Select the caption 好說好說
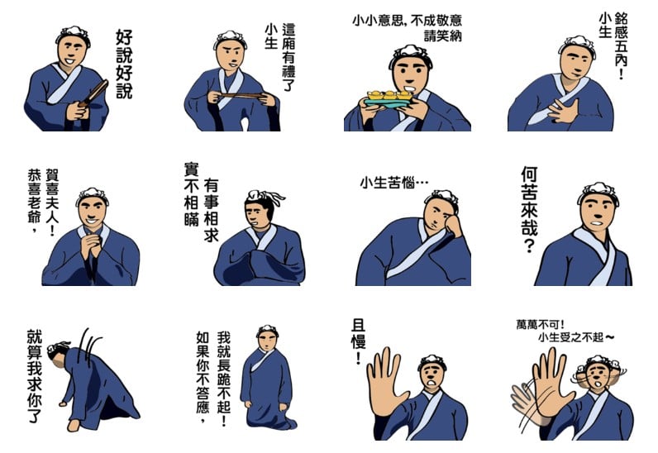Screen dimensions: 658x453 124,64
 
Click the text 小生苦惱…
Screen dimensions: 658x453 394,183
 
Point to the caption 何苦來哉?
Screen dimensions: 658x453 530,209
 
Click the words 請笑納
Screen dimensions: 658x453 443,36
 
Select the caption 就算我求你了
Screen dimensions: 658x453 35,375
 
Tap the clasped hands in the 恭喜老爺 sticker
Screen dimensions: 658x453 92,245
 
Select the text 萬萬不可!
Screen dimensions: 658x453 540,325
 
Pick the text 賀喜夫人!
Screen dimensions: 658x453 52,202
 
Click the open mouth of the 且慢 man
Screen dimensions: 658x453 431,383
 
